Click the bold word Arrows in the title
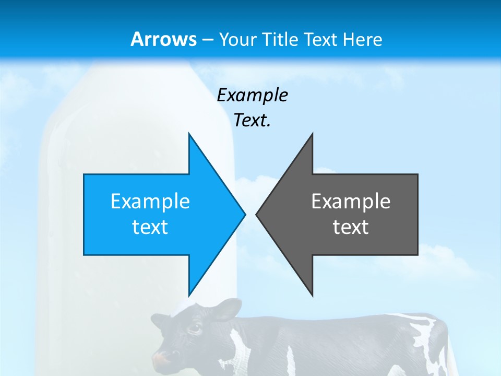click(x=163, y=39)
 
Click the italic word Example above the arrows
click(x=252, y=95)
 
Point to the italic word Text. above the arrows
click(x=252, y=120)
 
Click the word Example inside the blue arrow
click(x=150, y=202)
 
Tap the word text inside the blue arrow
click(x=150, y=227)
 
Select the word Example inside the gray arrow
click(x=351, y=202)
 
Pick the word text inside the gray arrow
click(x=351, y=227)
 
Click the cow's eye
click(x=194, y=329)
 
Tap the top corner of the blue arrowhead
click(x=189, y=134)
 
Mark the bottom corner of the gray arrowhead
click(x=312, y=295)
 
